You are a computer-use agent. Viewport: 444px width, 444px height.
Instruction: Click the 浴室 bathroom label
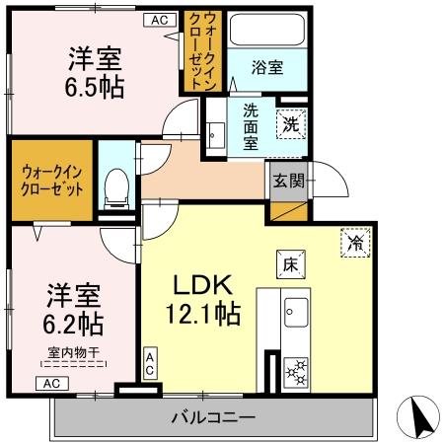pos(266,68)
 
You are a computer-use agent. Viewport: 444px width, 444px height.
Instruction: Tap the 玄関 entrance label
pos(289,181)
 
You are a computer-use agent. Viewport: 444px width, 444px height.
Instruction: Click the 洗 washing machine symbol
pos(290,124)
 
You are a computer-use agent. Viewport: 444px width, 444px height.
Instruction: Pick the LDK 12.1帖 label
pos(204,299)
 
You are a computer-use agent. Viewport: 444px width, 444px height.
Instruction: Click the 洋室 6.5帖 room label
pos(95,71)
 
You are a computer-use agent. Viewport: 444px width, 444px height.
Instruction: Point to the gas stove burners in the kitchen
pos(295,370)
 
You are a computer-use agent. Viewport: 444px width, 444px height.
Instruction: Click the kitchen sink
pos(295,314)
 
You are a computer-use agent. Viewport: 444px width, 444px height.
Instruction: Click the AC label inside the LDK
pos(150,362)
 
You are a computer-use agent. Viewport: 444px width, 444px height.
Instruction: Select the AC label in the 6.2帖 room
pos(53,383)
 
